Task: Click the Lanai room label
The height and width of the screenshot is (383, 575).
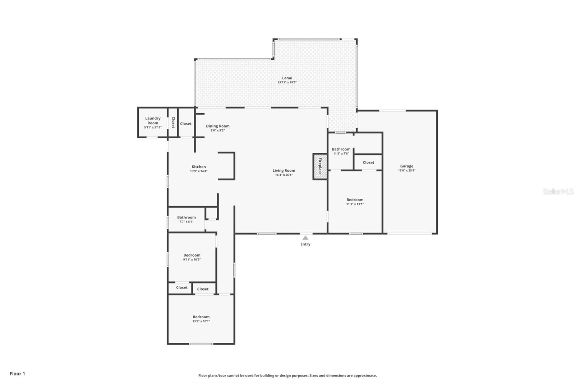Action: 287,78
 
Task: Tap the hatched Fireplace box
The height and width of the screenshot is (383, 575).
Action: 320,167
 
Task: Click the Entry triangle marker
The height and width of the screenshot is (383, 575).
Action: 305,238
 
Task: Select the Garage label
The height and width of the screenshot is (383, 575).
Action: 406,166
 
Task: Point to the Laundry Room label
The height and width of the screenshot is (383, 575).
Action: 153,120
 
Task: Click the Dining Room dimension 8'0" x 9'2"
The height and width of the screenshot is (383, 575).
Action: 218,130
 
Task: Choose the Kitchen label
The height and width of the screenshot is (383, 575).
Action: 199,167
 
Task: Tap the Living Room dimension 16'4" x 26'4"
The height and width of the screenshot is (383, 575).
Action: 284,175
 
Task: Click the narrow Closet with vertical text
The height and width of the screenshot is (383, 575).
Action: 173,123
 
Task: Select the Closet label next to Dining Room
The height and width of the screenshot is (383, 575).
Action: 185,124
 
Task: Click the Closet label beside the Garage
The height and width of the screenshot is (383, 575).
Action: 368,162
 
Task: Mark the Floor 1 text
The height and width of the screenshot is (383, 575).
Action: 18,374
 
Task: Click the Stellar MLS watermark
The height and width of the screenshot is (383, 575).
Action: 558,191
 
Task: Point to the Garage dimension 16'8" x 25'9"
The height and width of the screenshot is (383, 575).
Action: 406,170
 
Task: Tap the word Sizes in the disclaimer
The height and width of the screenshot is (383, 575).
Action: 314,375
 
